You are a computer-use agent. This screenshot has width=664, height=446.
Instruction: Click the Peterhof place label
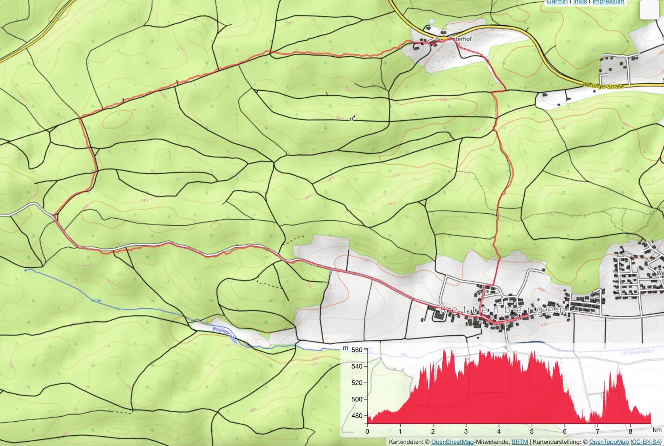tap(460, 39)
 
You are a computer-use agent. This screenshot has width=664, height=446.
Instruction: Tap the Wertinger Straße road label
tap(603, 86)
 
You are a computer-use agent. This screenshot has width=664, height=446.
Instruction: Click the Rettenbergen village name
tap(502, 310)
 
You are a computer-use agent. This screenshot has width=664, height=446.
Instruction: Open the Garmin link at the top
tap(556, 2)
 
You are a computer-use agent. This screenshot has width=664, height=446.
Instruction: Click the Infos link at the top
tap(580, 2)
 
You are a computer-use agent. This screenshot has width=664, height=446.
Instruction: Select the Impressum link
tap(608, 2)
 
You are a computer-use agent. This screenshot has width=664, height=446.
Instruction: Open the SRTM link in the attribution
tap(520, 442)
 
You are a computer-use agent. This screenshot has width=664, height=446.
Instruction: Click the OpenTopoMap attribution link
tap(609, 442)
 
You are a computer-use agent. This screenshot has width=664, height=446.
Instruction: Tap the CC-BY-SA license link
tap(646, 442)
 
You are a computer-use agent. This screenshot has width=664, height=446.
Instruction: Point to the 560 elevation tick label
tap(357, 350)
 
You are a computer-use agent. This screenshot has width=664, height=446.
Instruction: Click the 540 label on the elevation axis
tap(357, 366)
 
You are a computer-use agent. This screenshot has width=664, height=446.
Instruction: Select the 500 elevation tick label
tap(357, 399)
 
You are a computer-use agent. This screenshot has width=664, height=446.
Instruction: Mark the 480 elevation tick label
tap(357, 416)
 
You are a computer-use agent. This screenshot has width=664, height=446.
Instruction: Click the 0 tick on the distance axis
tap(367, 431)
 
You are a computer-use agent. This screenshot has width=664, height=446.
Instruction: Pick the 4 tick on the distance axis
tap(499, 431)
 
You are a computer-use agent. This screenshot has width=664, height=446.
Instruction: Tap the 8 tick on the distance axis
tap(630, 431)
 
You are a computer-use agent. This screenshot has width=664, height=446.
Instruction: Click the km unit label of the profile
tap(657, 430)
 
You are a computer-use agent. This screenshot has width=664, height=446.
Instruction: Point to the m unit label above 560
tap(346, 348)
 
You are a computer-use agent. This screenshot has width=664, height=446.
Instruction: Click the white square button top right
tap(649, 9)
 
